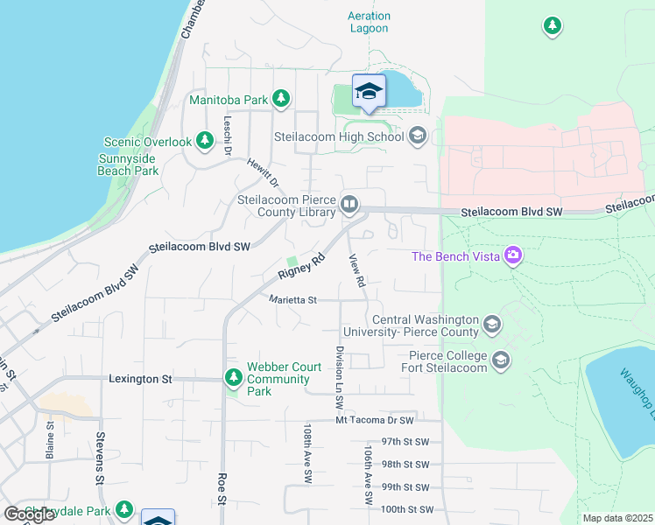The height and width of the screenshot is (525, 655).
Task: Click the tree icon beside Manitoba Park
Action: coord(281,99)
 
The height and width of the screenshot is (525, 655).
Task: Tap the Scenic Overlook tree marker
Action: coord(204,140)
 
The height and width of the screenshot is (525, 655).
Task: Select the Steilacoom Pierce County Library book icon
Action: coord(349,205)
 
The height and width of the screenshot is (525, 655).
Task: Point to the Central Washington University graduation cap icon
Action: coord(492,325)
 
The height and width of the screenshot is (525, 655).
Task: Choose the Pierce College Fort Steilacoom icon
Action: coord(501,360)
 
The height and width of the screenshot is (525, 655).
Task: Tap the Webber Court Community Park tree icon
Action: coord(233,378)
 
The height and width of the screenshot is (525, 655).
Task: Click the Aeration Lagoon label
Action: coord(368,22)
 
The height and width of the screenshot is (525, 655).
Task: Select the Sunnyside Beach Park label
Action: coord(128,164)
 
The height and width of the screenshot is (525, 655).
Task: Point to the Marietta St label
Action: coord(291,299)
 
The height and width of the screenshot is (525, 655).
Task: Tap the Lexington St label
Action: coord(141,379)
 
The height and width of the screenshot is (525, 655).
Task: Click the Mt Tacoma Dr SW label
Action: coord(374,421)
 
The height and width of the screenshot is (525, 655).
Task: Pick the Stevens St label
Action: coord(100,468)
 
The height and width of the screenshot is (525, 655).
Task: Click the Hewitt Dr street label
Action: coord(262,172)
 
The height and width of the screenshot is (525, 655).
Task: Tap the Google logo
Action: coord(29,514)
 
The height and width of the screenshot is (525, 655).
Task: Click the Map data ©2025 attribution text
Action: coord(616,518)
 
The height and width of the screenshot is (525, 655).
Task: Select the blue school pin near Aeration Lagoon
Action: coord(369,92)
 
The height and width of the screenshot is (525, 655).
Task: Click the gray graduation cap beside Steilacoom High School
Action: coord(417,136)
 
